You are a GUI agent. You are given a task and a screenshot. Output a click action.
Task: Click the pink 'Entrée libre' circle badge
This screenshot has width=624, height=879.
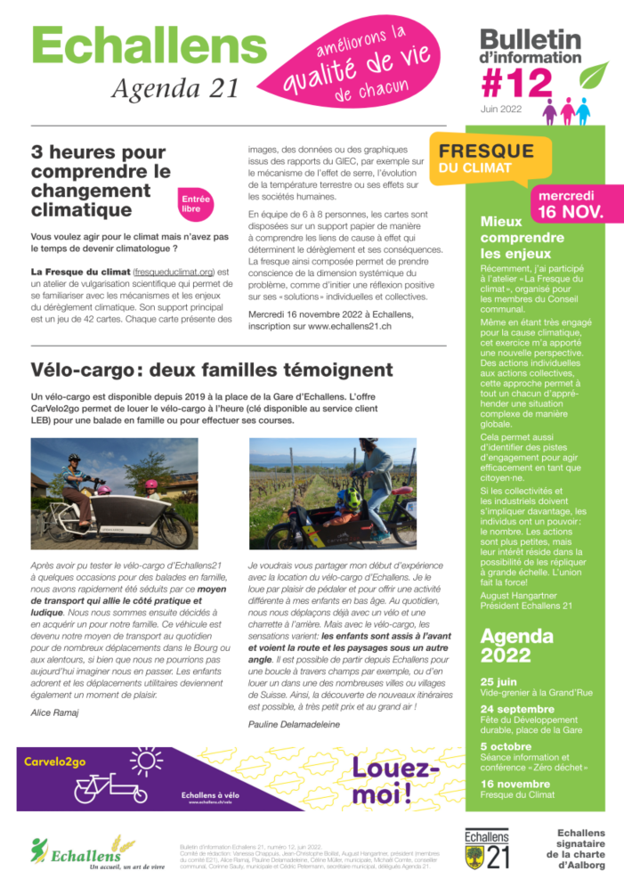[190, 204]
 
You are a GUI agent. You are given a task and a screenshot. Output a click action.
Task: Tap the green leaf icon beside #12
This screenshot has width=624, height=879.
[593, 77]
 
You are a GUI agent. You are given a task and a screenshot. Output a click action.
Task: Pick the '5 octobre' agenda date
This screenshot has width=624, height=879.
[506, 745]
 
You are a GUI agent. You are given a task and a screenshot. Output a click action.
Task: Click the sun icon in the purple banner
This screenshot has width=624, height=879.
[144, 761]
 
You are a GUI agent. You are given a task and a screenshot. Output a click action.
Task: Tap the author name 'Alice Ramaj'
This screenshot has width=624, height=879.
[55, 712]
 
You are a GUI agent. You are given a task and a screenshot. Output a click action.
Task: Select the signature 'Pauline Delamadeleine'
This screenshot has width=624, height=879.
[294, 724]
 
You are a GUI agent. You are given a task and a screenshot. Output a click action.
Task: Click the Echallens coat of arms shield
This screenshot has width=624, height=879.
[474, 857]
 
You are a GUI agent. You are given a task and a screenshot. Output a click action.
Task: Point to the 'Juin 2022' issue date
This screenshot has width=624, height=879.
[501, 110]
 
